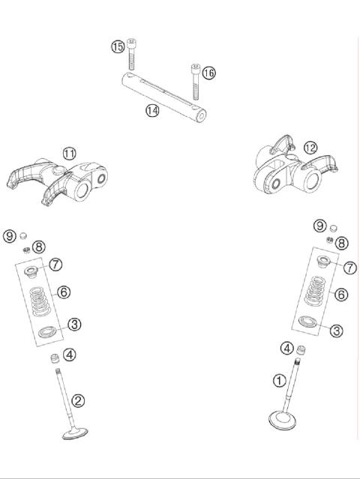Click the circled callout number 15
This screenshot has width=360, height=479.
pyautogui.click(x=118, y=47)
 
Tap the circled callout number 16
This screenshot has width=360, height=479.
pyautogui.click(x=208, y=73)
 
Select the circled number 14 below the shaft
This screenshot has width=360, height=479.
pyautogui.click(x=152, y=110)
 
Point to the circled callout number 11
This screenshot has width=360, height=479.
pyautogui.click(x=69, y=154)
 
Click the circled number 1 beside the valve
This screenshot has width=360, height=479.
pyautogui.click(x=279, y=381)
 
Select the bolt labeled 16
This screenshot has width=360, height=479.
pyautogui.click(x=196, y=81)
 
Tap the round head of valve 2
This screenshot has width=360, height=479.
pyautogui.click(x=75, y=433)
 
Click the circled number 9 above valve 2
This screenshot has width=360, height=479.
pyautogui.click(x=9, y=235)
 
